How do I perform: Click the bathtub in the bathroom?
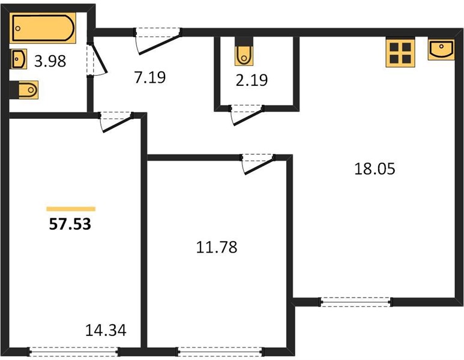tap(43, 28)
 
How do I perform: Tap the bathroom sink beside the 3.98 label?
tap(19, 59)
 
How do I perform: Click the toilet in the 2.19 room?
tap(244, 55)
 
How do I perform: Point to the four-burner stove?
tap(400, 53)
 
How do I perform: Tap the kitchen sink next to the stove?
tap(441, 49)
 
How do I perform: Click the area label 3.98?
tap(50, 62)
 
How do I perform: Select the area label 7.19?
tap(150, 77)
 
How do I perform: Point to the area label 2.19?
tap(252, 80)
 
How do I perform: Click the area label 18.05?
tap(375, 169)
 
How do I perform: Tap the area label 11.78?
tap(217, 247)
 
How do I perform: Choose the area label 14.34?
tap(106, 331)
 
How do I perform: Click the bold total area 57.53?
tap(70, 224)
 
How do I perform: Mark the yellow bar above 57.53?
tap(71, 209)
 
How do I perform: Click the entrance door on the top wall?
tap(158, 41)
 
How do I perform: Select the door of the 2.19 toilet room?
tap(247, 115)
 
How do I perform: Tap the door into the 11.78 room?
tap(259, 164)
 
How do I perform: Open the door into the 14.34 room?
tap(116, 122)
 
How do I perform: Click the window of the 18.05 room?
tap(356, 302)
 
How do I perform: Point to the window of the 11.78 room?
tap(220, 352)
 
